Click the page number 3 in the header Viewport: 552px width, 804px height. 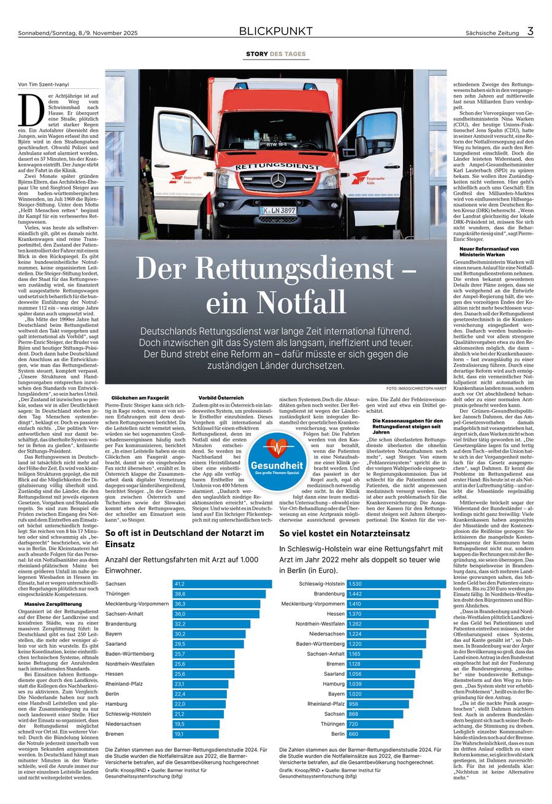point(530,31)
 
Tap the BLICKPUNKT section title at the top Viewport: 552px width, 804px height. point(275,31)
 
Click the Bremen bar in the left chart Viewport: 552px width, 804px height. point(179,733)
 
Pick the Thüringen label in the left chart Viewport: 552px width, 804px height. point(118,594)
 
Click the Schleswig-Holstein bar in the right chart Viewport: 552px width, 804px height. point(396,584)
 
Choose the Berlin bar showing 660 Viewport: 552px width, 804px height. point(368,733)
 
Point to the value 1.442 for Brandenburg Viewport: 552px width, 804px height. point(356,594)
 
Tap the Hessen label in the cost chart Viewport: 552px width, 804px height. point(335,613)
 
